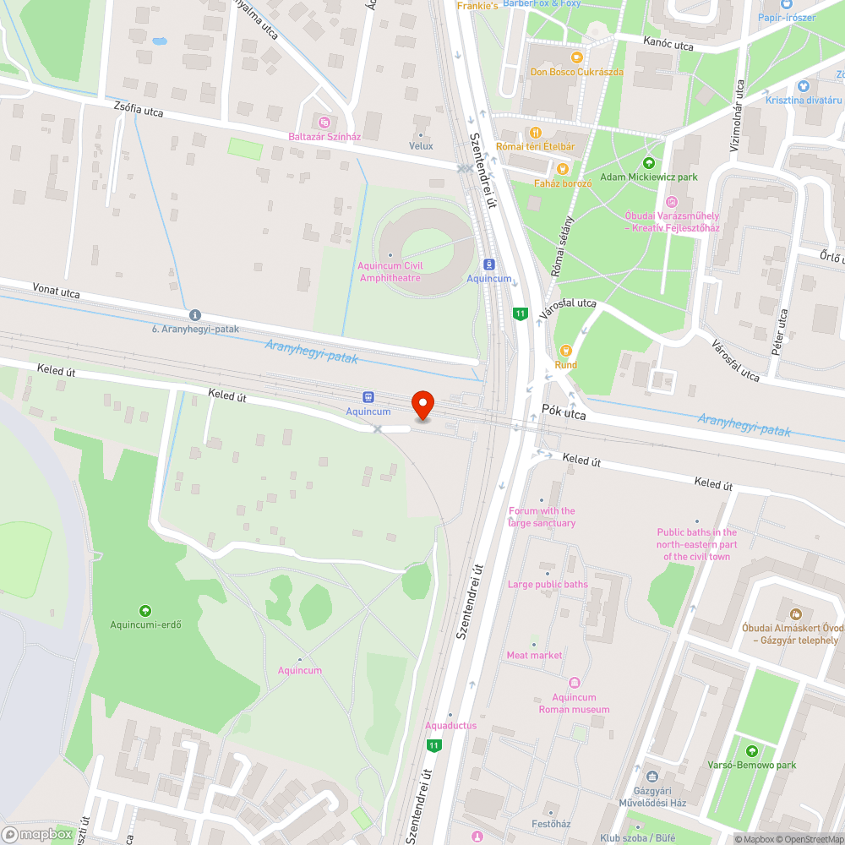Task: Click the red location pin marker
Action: click(x=422, y=405)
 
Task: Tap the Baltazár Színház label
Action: click(x=325, y=136)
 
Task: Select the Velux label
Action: click(x=421, y=146)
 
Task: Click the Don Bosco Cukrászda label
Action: click(x=576, y=72)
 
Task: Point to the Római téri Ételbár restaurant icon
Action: click(x=535, y=132)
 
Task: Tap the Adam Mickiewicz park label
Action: click(x=648, y=177)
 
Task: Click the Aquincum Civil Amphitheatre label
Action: click(x=390, y=271)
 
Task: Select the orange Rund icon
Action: click(x=565, y=351)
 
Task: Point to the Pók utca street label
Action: click(x=563, y=415)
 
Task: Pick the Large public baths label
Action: click(x=547, y=584)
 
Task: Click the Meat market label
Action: click(x=534, y=655)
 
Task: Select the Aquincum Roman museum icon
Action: click(x=575, y=682)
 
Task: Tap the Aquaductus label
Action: click(x=450, y=725)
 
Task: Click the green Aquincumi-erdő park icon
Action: click(x=145, y=610)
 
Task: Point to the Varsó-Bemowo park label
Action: click(x=751, y=765)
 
